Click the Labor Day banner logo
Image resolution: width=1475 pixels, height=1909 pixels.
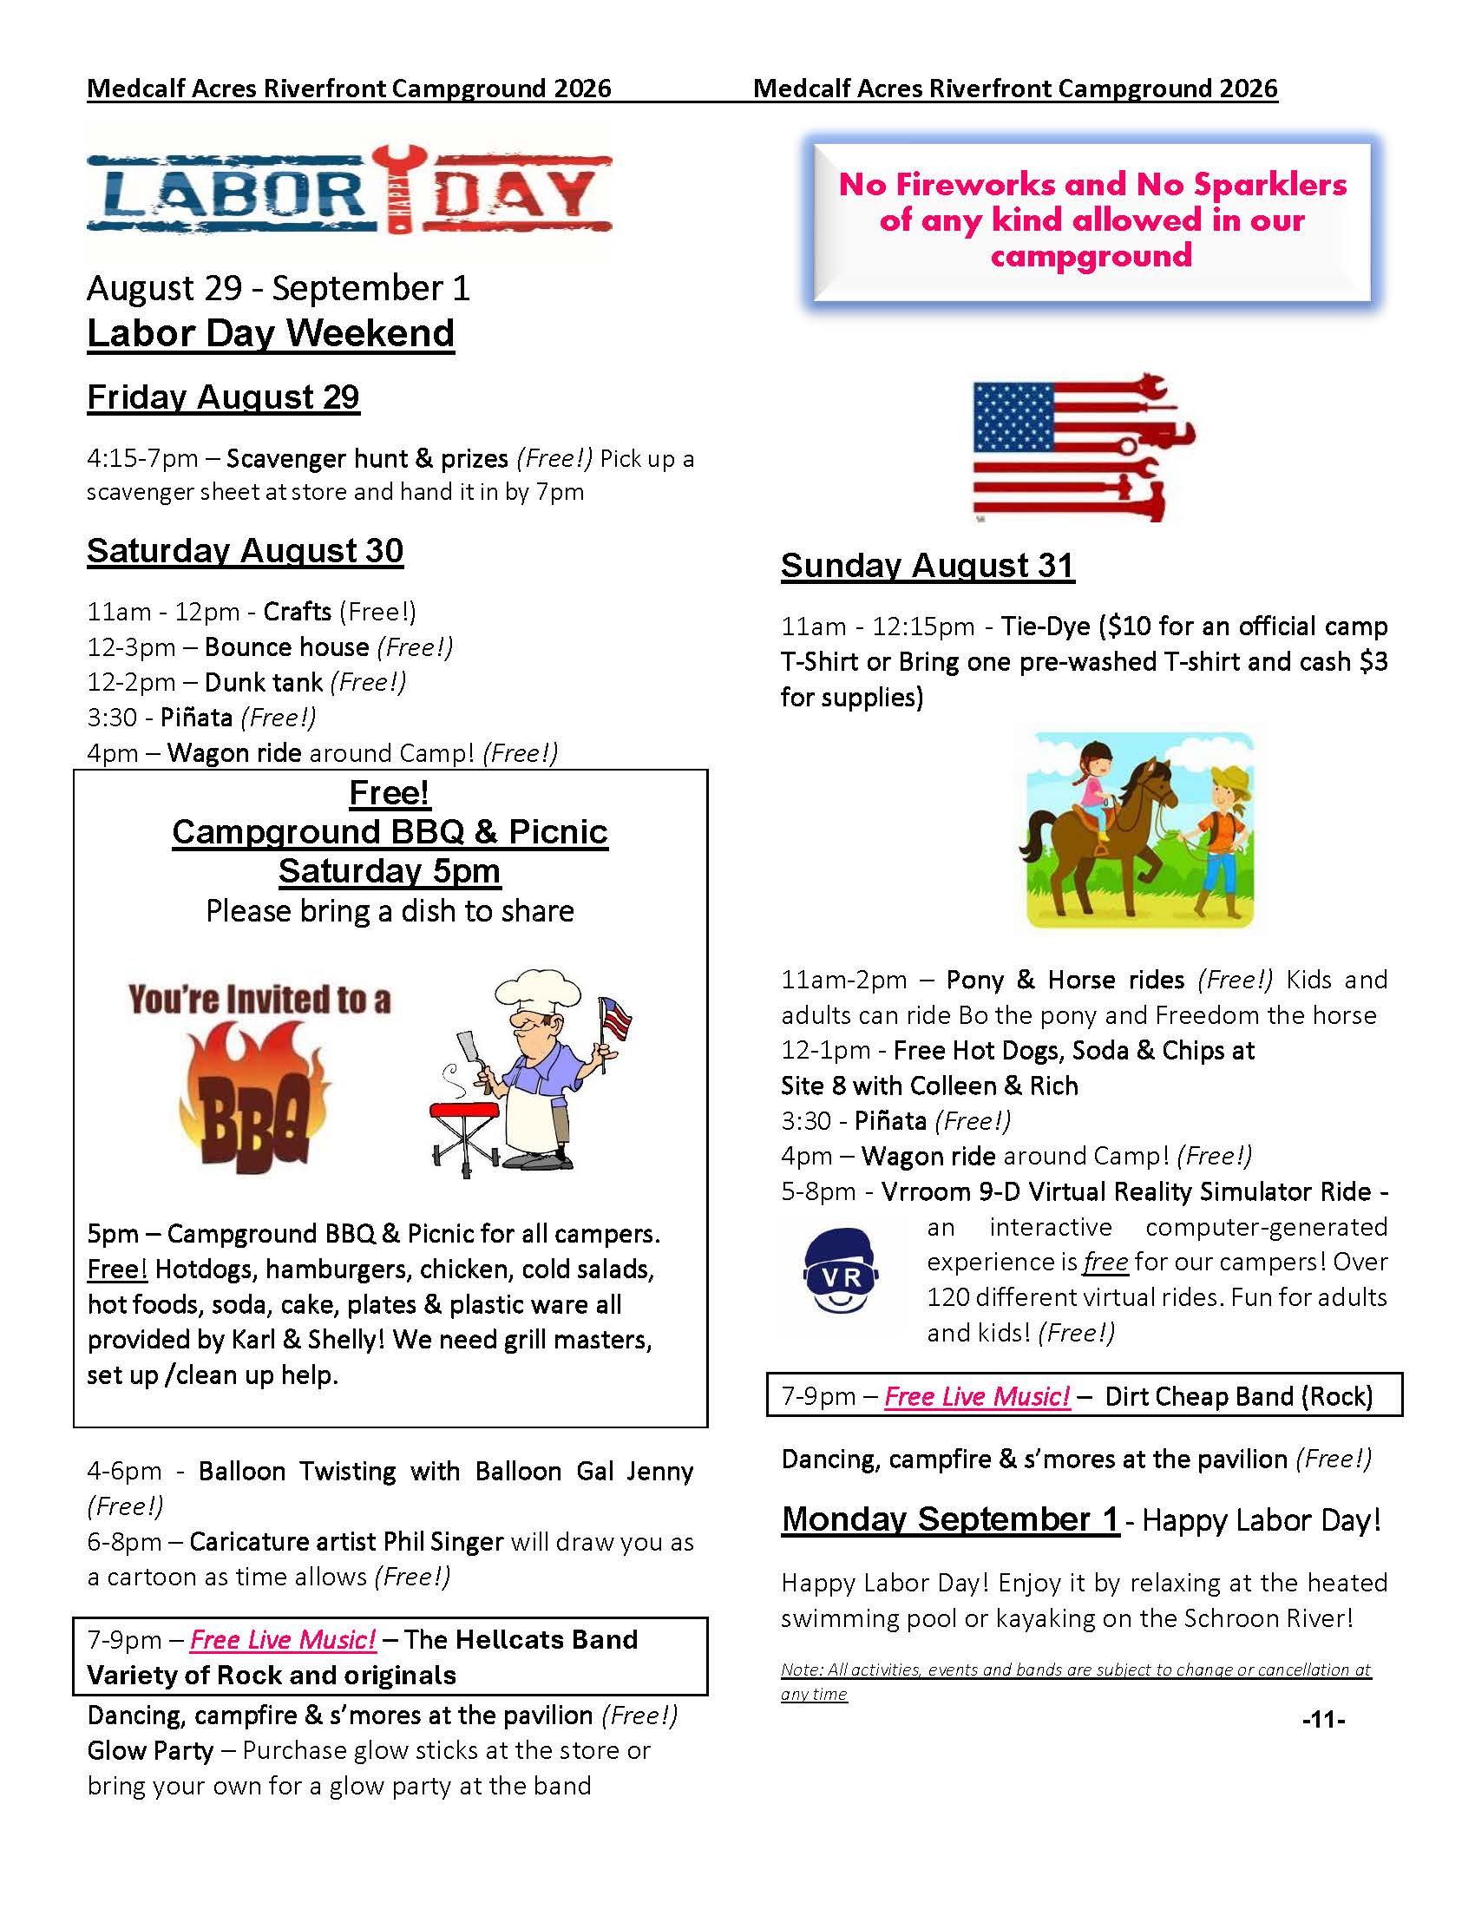(x=349, y=191)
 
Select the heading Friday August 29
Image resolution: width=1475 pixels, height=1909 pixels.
(x=223, y=397)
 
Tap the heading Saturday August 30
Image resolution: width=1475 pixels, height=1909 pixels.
(x=245, y=551)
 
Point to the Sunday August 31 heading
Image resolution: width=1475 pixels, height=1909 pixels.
(x=928, y=566)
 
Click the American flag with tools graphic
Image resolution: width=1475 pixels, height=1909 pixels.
(x=1083, y=449)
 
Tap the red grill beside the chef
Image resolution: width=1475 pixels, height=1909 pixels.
(x=464, y=1112)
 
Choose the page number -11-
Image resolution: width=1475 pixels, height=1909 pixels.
(x=1323, y=1720)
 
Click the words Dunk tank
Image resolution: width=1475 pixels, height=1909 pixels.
(x=264, y=682)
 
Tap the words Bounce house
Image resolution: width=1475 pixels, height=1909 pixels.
(x=286, y=646)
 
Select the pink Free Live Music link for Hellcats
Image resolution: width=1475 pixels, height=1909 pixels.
(x=283, y=1639)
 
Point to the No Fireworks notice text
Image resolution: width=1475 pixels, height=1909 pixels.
(x=1092, y=220)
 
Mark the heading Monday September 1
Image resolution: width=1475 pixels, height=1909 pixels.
(x=951, y=1519)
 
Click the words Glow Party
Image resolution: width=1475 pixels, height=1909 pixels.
(x=150, y=1751)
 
